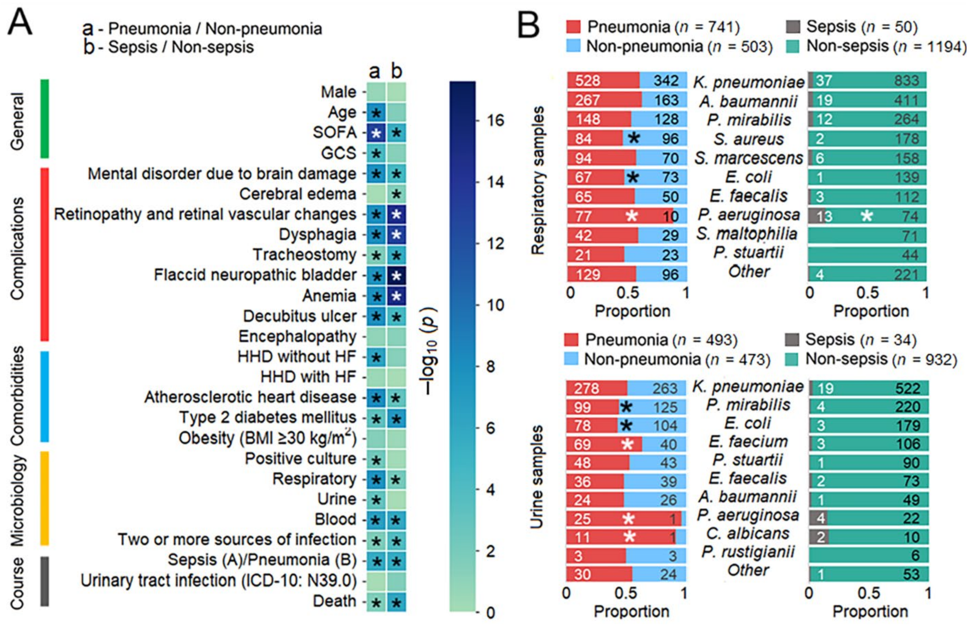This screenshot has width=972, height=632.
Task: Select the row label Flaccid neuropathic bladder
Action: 255,275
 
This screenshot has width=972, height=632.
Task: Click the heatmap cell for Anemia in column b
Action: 396,296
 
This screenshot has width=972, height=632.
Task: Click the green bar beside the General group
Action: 44,118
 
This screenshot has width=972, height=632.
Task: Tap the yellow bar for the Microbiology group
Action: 44,498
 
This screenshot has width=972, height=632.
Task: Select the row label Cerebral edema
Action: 297,194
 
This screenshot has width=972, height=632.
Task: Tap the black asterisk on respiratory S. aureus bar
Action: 634,138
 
